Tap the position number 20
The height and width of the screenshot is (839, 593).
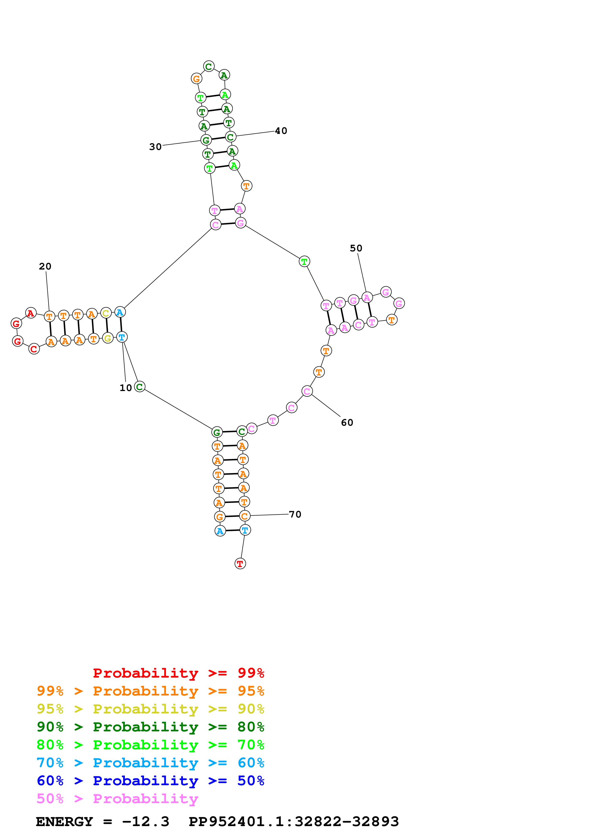pos(45,266)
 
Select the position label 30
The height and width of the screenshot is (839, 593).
pos(155,147)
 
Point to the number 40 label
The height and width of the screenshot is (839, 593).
pos(281,131)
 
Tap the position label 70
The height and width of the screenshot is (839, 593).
pos(295,514)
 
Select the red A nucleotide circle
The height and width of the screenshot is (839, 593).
pos(31,313)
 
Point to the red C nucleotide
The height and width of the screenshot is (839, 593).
pos(34,349)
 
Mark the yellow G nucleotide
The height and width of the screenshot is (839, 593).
pos(107,338)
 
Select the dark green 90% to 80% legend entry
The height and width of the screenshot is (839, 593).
pos(150,727)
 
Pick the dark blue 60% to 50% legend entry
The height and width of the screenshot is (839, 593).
pos(150,781)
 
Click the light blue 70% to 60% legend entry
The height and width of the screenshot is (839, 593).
pos(150,763)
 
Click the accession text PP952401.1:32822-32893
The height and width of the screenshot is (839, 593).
pos(294,822)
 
